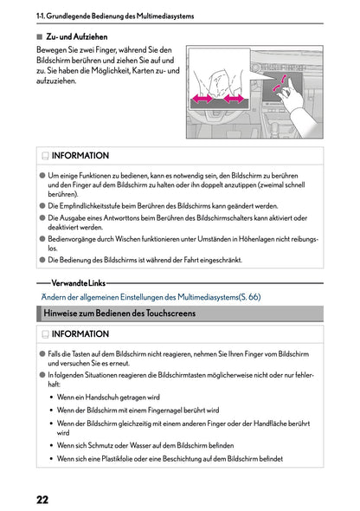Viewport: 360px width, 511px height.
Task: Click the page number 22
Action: [x=42, y=499]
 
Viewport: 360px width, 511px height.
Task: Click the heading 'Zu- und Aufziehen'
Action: [x=76, y=37]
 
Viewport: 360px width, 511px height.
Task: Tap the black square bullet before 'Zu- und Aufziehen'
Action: [x=40, y=37]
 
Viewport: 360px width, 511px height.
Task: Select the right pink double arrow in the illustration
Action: [x=233, y=100]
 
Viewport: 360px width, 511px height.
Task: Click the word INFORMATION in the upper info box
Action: [x=80, y=157]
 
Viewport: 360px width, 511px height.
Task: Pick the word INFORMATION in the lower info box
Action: [x=80, y=333]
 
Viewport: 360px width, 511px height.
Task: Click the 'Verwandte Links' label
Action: [x=79, y=282]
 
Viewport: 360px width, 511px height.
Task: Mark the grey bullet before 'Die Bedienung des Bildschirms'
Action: [x=42, y=259]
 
